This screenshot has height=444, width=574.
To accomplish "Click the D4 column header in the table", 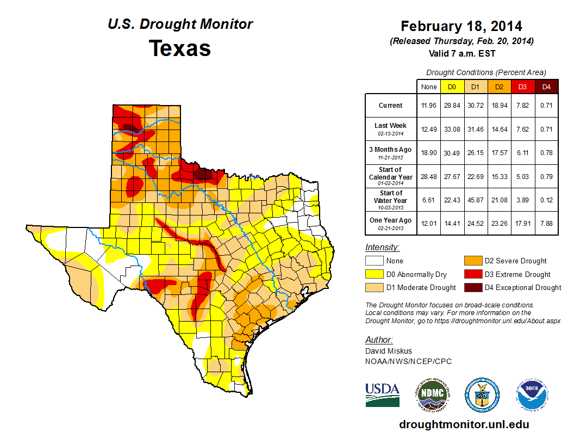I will [546, 87].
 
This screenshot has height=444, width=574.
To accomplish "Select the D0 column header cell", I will [452, 87].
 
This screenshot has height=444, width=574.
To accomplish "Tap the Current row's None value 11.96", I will [429, 106].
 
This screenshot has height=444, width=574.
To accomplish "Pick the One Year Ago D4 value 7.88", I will [546, 220].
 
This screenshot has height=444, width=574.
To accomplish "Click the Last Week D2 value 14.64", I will [499, 129].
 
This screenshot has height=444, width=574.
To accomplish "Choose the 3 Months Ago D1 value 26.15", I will [475, 153].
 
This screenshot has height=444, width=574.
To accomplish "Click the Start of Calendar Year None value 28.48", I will [429, 177].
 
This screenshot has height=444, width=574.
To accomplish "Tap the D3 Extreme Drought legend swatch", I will [472, 274].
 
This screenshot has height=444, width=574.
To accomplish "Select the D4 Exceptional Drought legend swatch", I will [472, 287].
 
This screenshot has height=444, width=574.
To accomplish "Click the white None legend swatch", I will [374, 261].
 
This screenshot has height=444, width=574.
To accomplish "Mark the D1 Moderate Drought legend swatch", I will [374, 287].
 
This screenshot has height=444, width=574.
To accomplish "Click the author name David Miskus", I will [388, 351].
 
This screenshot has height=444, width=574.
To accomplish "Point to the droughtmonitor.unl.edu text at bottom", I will [464, 424].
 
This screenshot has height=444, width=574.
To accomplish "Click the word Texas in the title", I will [180, 48].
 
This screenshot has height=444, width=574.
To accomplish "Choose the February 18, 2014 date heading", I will [461, 26].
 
